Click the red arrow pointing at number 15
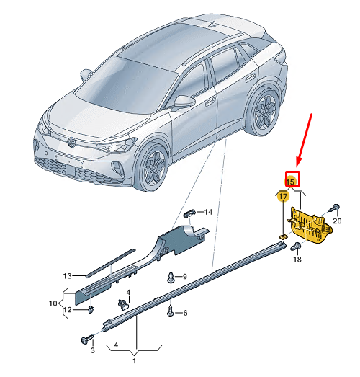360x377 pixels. click(x=304, y=141)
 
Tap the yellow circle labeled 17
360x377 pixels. click(x=283, y=197)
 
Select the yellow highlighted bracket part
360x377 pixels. click(x=310, y=226)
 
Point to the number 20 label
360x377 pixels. click(x=337, y=221)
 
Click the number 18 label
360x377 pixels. click(x=297, y=260)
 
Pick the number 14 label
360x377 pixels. click(x=208, y=212)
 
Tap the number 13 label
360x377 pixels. click(x=68, y=276)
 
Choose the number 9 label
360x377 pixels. click(x=185, y=277)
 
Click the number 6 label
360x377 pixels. click(x=185, y=313)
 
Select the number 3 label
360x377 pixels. click(x=93, y=350)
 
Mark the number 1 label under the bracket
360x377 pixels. click(x=134, y=361)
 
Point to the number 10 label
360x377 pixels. click(x=53, y=303)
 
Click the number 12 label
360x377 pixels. click(x=68, y=310)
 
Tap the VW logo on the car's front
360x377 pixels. click(x=71, y=142)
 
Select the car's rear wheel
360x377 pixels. click(x=265, y=110)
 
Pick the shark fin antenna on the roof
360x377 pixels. click(x=212, y=24)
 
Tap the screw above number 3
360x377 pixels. click(x=88, y=340)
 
